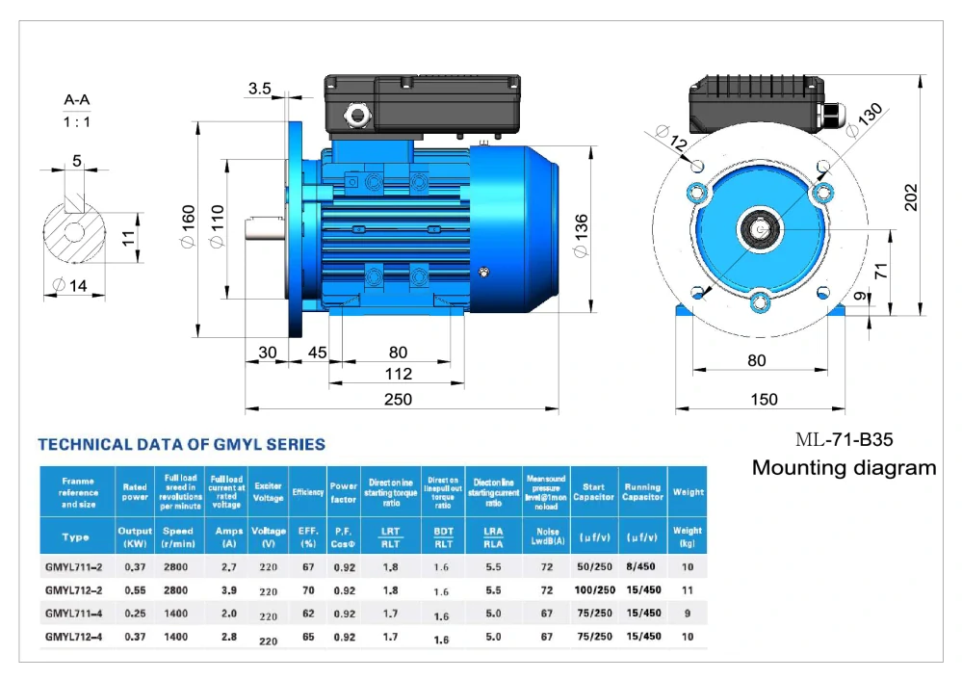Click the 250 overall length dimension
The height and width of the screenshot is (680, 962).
[x=398, y=399]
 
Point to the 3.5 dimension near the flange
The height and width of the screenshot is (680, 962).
[x=259, y=89]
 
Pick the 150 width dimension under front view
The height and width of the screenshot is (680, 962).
[x=764, y=399]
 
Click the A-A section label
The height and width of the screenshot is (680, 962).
[x=77, y=99]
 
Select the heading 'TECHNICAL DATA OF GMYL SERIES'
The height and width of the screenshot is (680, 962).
[x=181, y=445]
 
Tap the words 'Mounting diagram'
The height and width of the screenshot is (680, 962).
[x=844, y=468]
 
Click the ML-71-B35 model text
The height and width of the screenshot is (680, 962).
[x=845, y=440]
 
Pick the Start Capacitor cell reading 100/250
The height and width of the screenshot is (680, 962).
[x=594, y=589]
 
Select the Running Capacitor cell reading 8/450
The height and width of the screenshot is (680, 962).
[x=642, y=567]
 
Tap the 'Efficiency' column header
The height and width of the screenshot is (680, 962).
[x=308, y=492]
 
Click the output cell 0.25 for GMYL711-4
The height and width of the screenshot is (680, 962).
[x=135, y=613]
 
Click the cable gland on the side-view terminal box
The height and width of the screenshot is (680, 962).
[x=358, y=116]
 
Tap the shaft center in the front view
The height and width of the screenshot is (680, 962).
[x=760, y=229]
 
